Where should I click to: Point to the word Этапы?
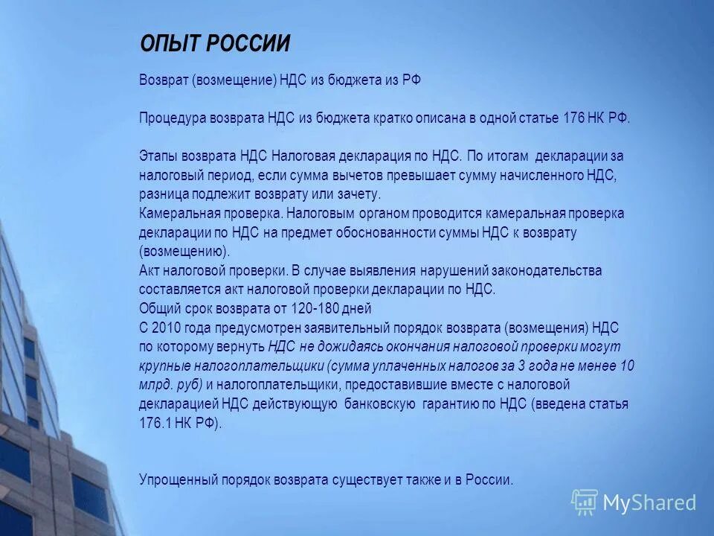[157, 156]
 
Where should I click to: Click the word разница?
[163, 194]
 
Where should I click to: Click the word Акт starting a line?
[149, 270]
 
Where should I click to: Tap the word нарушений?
[450, 270]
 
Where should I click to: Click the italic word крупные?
[162, 366]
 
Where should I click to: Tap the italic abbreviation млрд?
[154, 385]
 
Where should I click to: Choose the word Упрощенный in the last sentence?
[175, 480]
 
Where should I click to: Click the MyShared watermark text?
[649, 502]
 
